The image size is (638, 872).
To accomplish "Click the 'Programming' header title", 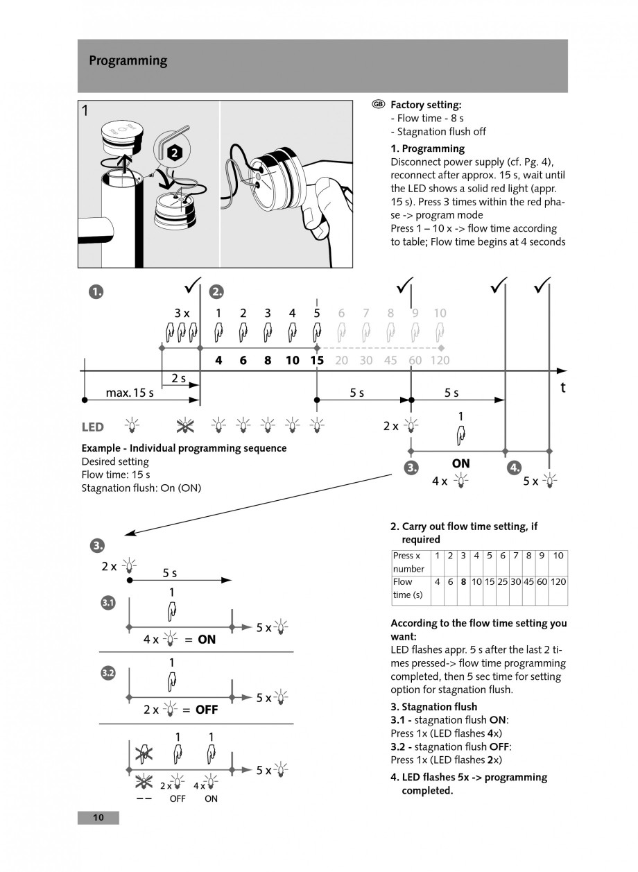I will (x=128, y=61).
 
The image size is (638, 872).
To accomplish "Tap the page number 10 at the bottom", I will (x=98, y=818).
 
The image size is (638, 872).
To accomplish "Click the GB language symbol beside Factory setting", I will (x=378, y=104).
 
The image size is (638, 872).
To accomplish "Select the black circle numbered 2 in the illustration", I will (x=175, y=151).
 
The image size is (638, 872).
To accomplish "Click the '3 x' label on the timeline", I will (x=182, y=313).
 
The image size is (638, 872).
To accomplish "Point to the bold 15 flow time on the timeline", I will (x=317, y=360).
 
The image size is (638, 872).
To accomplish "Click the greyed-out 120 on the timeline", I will (x=440, y=360).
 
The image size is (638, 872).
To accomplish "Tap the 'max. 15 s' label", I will (x=130, y=393).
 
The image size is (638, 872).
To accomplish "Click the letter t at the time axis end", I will (x=562, y=388).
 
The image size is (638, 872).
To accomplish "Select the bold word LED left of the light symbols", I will (x=93, y=427).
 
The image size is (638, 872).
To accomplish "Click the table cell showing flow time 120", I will (x=558, y=581).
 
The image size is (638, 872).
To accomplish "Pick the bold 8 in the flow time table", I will (x=463, y=581).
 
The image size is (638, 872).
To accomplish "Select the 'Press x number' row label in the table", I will (x=408, y=562).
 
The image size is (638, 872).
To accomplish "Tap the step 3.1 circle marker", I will (x=108, y=603).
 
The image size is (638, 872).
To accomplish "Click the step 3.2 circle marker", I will (x=108, y=674).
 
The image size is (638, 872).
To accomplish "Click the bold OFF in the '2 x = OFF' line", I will (x=206, y=710).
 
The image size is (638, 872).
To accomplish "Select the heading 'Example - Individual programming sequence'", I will (x=184, y=448).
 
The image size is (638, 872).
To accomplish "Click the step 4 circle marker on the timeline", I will (x=515, y=468).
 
